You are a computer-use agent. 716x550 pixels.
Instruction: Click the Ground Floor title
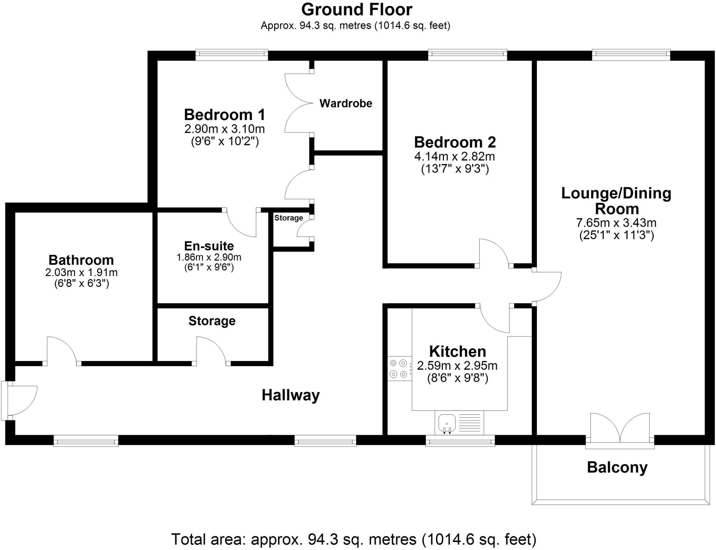[357, 10]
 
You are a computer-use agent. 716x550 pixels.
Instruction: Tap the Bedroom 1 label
[224, 115]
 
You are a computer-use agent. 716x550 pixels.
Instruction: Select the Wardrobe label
[346, 103]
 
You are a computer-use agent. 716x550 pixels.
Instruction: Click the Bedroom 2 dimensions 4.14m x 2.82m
[454, 156]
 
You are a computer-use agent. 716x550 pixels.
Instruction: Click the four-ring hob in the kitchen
[399, 368]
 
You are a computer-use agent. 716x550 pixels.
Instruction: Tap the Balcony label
[617, 467]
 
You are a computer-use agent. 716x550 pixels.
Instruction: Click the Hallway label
[291, 395]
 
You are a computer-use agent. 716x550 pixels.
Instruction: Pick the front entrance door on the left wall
[19, 400]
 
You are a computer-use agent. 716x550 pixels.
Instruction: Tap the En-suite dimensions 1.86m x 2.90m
[209, 258]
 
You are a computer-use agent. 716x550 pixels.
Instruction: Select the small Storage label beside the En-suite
[288, 218]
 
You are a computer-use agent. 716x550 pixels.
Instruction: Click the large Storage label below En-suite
[212, 321]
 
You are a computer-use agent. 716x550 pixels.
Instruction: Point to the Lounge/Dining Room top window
[631, 54]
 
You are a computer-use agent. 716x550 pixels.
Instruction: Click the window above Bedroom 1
[231, 54]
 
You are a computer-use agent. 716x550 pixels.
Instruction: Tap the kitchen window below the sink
[460, 441]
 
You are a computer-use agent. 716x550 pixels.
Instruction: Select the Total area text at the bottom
[353, 539]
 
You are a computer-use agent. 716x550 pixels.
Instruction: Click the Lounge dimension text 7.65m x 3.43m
[616, 223]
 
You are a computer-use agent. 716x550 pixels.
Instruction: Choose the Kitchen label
[457, 351]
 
